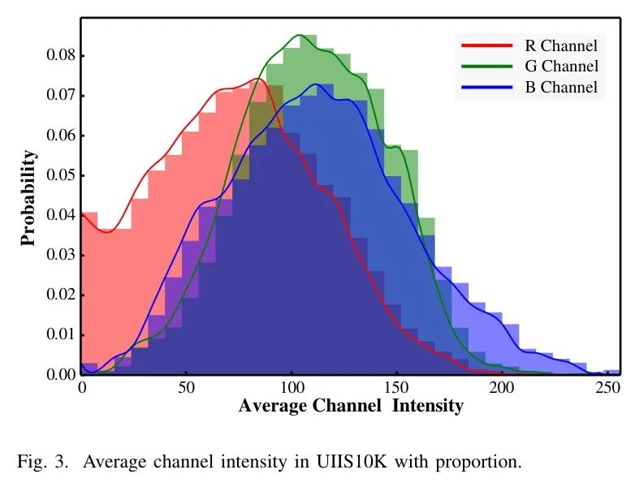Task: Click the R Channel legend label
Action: (x=560, y=45)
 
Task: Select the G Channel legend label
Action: (x=561, y=67)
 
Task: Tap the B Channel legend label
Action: (x=561, y=88)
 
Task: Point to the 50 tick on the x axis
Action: (x=186, y=389)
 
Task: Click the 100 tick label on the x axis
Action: (x=291, y=389)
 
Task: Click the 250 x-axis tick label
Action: (x=606, y=389)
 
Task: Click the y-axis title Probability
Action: (x=28, y=197)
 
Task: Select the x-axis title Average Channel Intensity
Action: (x=351, y=406)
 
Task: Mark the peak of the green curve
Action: (x=300, y=35)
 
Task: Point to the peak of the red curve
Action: (x=258, y=79)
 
